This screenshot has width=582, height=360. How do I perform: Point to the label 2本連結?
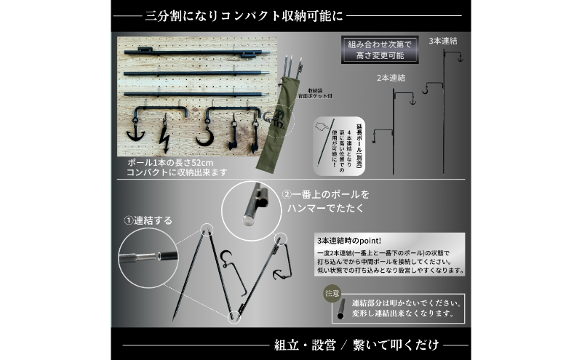391,76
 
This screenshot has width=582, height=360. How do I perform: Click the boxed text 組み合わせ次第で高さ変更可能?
378,50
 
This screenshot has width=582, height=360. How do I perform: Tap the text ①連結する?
148,220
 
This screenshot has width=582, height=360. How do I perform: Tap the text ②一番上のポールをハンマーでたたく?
325,201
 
